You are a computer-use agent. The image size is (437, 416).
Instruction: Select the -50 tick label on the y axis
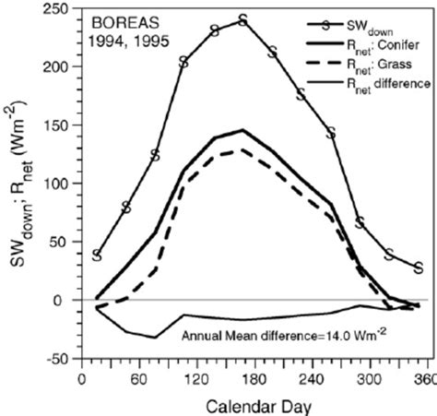(61, 358)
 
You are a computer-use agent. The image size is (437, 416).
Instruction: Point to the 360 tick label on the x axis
(419, 377)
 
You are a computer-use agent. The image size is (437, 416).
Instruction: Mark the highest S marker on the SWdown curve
(242, 19)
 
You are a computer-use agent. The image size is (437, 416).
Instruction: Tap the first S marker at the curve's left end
(97, 256)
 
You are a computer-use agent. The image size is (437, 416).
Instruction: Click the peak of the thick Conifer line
(242, 130)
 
